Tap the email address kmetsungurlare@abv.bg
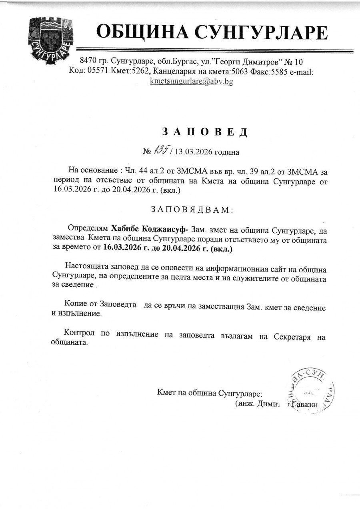[x=191, y=81]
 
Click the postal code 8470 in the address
[x=88, y=62]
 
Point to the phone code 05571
[x=97, y=72]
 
